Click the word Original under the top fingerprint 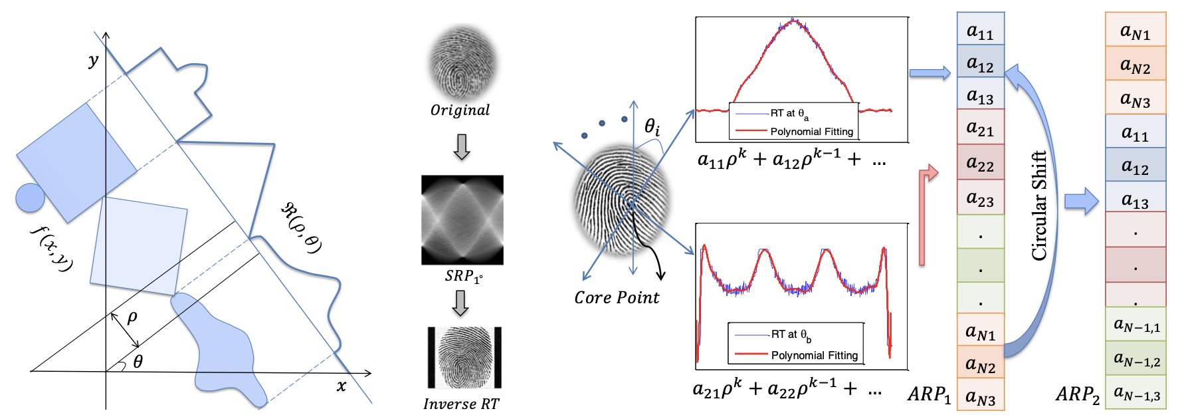tap(460, 110)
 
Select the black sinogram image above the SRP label tap(462, 219)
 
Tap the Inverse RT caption tap(460, 404)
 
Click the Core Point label tap(617, 297)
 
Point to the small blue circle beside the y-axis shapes tap(30, 198)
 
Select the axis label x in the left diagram tap(342, 386)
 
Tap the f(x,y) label tap(52, 248)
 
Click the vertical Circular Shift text tap(1038, 206)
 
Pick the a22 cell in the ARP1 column tap(980, 162)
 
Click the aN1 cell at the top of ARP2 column tap(1135, 31)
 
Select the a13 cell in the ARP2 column tap(1135, 199)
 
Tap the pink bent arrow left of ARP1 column tap(926, 213)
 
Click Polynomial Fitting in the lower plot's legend tap(814, 355)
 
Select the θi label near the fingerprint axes tap(652, 126)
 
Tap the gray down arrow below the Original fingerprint tap(461, 147)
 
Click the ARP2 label tap(1077, 395)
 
